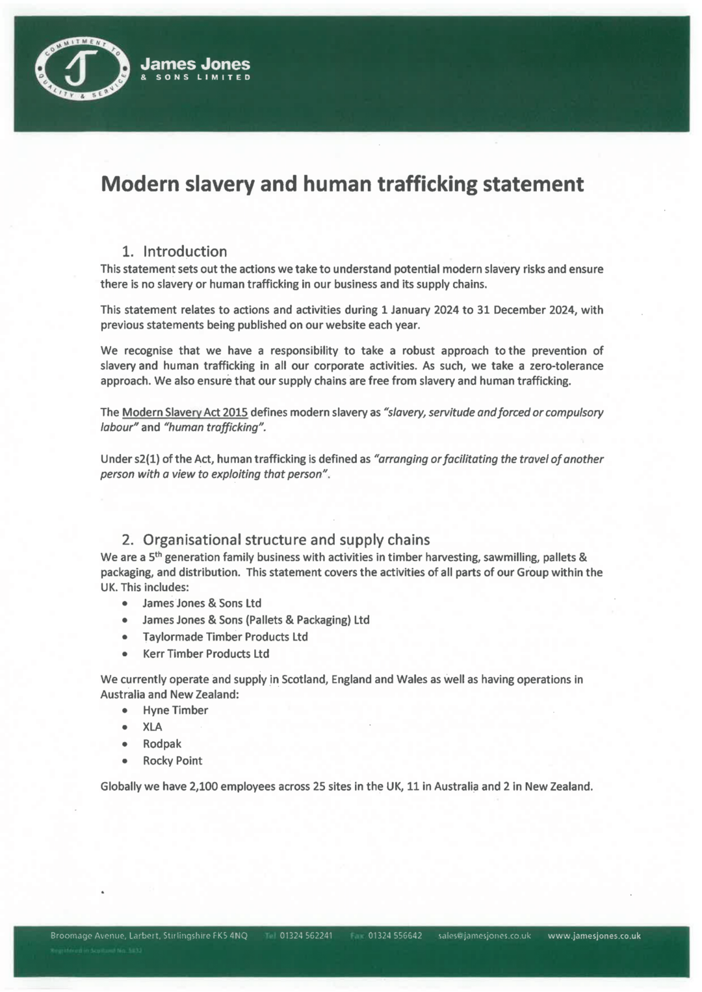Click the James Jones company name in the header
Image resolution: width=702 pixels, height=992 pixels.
[195, 64]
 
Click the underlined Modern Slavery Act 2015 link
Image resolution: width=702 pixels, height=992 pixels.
[185, 413]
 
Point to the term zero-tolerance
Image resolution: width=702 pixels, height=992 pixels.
[566, 366]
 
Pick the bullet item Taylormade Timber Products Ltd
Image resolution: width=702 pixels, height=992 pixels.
[225, 637]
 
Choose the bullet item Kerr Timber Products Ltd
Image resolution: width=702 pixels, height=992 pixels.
[205, 654]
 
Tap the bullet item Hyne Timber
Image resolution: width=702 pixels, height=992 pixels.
[175, 710]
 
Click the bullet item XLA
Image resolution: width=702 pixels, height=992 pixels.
[152, 727]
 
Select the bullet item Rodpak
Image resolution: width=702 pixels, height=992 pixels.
[162, 744]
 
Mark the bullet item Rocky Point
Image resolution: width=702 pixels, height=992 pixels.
[172, 761]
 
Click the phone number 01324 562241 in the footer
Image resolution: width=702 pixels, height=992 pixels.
[305, 935]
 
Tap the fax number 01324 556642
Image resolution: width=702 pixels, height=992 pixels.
[395, 935]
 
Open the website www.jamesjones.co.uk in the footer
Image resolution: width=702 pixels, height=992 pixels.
[594, 935]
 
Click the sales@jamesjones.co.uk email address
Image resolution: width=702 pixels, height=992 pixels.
[484, 935]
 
